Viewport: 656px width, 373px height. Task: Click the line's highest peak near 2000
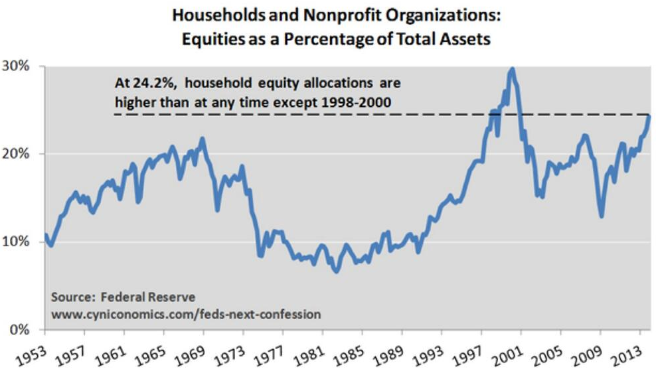511,68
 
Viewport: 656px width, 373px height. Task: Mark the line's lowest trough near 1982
336,271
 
